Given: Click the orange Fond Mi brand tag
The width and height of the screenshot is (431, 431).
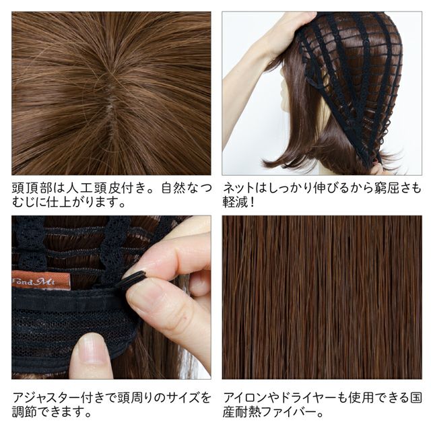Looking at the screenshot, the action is pyautogui.click(x=41, y=280).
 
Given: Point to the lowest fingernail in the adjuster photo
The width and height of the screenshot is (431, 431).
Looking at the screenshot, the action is pyautogui.click(x=92, y=350).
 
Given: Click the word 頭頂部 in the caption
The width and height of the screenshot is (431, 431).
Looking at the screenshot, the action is pyautogui.click(x=32, y=189).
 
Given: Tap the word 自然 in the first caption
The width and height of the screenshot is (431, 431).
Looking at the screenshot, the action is pyautogui.click(x=174, y=189).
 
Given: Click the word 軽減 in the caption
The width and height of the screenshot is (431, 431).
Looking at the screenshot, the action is pyautogui.click(x=235, y=203).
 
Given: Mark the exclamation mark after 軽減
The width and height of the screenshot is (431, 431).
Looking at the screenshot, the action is pyautogui.click(x=251, y=203).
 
